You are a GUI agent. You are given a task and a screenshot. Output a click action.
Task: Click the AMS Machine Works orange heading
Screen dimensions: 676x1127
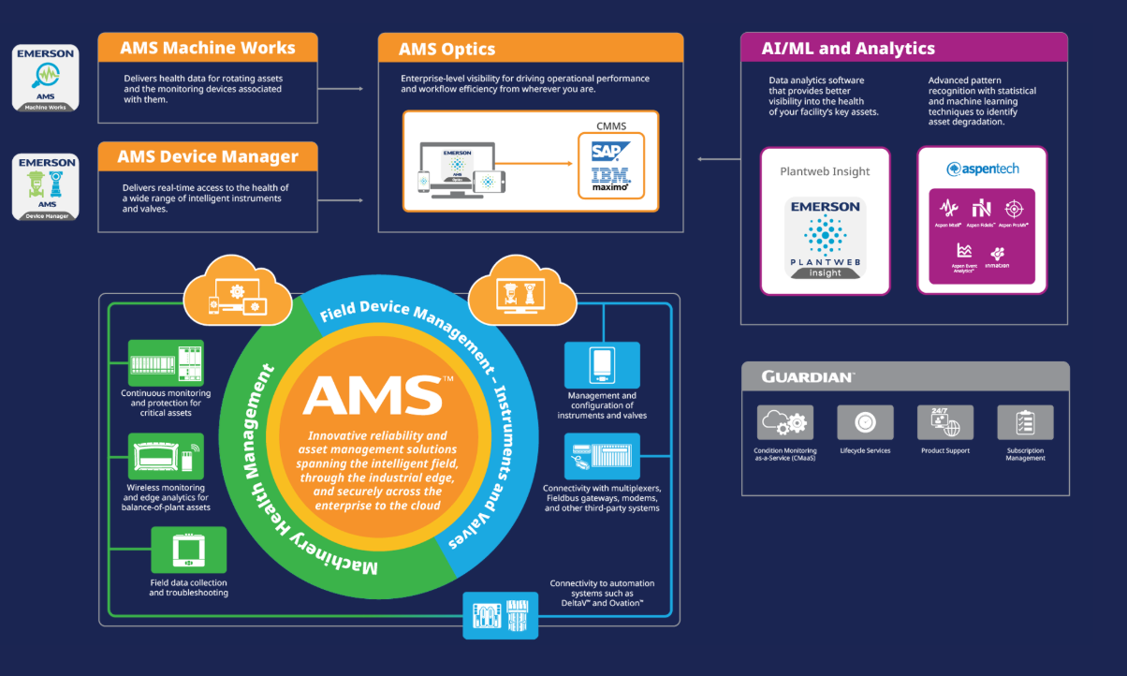(207, 48)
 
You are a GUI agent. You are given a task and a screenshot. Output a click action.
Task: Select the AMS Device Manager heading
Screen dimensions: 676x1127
(207, 156)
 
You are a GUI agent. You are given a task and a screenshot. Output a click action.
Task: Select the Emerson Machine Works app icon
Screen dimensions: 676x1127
(45, 79)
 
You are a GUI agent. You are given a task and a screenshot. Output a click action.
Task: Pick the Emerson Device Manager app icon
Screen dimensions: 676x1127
(45, 188)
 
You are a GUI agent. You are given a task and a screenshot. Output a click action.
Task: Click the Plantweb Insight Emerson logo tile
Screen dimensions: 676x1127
(825, 239)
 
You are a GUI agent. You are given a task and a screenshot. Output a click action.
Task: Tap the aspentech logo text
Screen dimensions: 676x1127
(982, 169)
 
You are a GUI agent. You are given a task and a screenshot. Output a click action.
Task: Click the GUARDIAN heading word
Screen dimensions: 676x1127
(808, 376)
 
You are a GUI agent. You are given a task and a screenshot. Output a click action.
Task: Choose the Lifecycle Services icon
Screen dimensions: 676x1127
(865, 422)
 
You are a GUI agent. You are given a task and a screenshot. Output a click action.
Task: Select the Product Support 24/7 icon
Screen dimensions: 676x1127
(944, 422)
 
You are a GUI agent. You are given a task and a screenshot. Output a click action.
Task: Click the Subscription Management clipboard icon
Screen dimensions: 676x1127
(1025, 422)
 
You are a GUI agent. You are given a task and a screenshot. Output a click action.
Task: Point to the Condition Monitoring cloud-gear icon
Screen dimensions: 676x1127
(785, 422)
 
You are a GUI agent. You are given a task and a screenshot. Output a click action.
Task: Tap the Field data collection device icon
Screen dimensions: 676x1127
(188, 550)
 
